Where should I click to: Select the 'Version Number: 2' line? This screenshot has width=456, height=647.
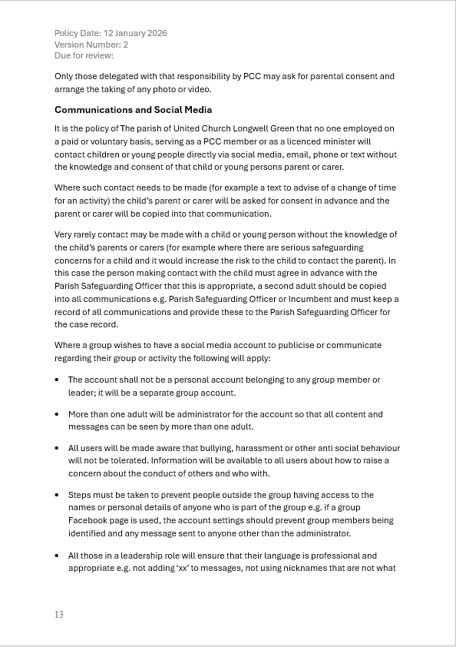point(91,45)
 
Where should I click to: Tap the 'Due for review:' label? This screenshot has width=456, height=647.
point(84,55)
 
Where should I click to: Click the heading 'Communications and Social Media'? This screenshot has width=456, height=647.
point(133,110)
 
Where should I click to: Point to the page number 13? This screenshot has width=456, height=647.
point(59,615)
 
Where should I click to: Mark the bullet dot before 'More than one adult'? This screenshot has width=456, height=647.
point(58,414)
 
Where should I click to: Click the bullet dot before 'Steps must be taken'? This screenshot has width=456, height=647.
point(58,496)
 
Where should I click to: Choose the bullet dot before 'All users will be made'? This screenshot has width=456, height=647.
point(58,448)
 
